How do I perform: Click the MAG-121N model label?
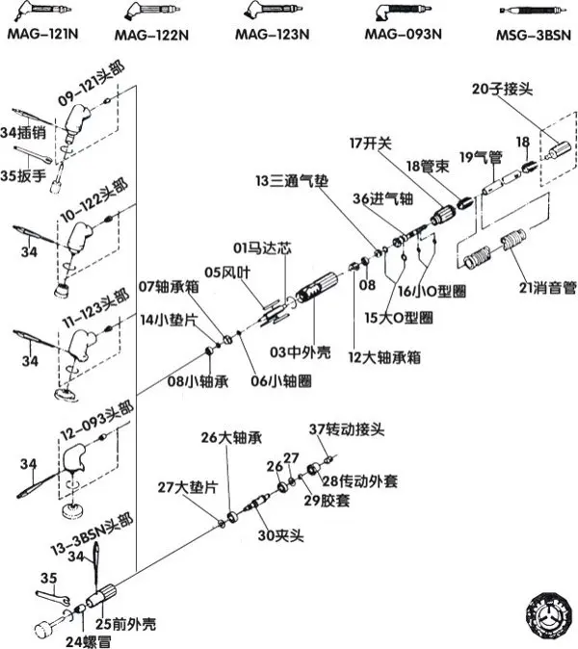[42, 34]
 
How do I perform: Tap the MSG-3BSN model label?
[534, 35]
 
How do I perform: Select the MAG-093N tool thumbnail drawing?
[403, 12]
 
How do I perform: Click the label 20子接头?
[502, 89]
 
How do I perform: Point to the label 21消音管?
[547, 287]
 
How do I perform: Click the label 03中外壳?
[301, 352]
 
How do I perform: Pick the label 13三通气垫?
[292, 181]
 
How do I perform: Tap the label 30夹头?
[280, 535]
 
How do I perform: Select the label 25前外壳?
[126, 624]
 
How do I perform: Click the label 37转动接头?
[347, 429]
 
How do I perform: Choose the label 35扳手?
[23, 175]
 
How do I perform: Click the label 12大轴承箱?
[384, 357]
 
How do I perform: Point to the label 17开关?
[371, 143]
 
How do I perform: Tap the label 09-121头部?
[92, 85]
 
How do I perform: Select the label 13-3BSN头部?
[92, 534]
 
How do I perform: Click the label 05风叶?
[227, 273]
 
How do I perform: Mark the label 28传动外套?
[359, 480]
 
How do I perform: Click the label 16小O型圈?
[432, 292]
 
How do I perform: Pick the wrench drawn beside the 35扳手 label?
[33, 153]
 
